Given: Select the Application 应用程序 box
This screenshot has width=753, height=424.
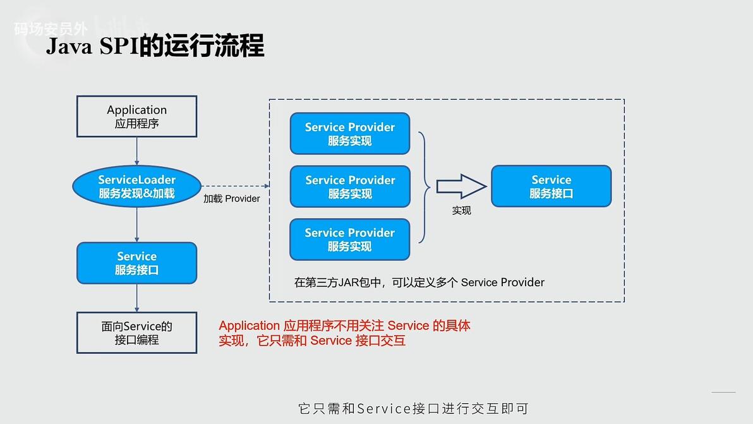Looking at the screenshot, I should (x=136, y=116).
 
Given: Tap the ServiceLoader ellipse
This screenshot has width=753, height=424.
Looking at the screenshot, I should (x=136, y=186).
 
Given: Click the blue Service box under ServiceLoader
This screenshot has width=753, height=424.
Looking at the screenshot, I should (x=136, y=263).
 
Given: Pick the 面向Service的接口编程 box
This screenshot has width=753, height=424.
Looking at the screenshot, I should (x=136, y=332).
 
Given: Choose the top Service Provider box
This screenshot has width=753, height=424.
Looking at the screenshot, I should (x=350, y=133).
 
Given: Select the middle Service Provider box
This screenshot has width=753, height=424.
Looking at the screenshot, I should (x=350, y=186).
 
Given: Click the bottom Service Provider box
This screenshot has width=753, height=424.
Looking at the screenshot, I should (x=350, y=239).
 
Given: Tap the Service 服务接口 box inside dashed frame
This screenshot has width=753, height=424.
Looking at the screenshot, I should (x=551, y=186).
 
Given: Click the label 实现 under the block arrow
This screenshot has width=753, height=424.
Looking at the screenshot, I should (x=461, y=210).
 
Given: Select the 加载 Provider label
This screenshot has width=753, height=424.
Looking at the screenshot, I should (x=231, y=198).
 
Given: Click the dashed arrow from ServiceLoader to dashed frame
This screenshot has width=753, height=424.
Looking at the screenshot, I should (x=235, y=186).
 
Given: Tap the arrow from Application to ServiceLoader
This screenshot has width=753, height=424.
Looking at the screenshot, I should (x=136, y=152).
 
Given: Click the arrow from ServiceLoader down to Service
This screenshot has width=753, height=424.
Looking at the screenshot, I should (x=136, y=225).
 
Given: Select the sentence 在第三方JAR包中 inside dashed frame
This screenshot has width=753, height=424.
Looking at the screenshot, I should (x=419, y=282).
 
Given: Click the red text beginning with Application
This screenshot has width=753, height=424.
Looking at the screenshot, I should (x=344, y=333).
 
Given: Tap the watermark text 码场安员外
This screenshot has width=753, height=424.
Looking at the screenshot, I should (x=51, y=28).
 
